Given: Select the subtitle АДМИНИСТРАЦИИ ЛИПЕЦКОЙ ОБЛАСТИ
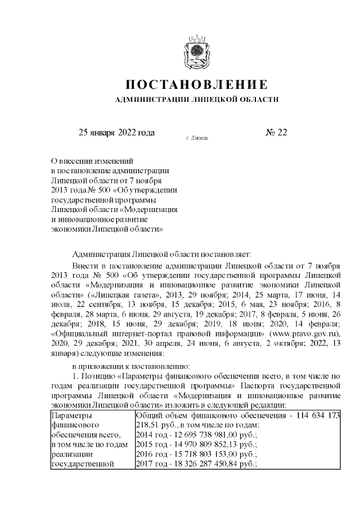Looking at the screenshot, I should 196,100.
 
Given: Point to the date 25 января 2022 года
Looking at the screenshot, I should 116,133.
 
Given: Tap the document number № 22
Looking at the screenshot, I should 276,133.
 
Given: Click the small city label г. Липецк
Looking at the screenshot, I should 196,137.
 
